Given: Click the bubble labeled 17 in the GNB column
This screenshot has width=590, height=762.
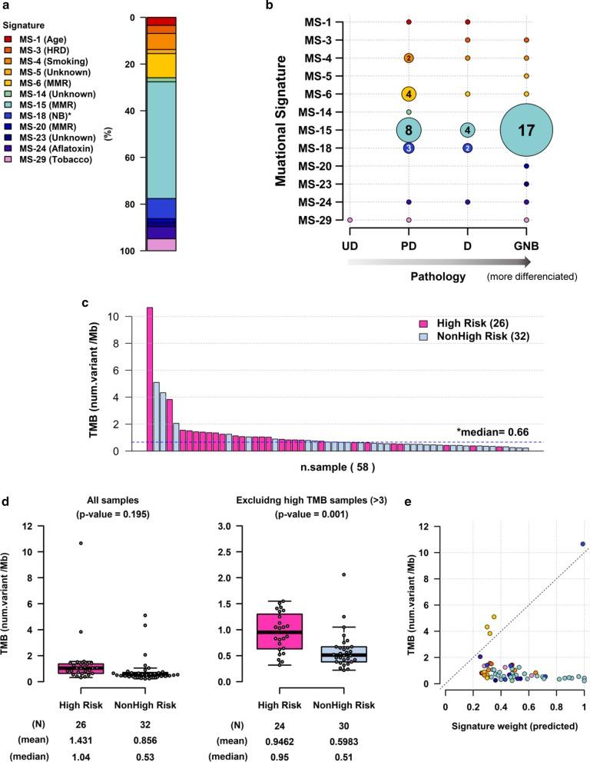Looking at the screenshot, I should pos(526,130).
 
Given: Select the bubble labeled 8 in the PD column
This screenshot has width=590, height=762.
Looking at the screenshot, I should pos(409,130).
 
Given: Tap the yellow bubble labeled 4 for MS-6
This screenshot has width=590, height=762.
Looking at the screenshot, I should pos(409,94).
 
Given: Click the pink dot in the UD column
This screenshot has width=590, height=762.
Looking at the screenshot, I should pos(350,220).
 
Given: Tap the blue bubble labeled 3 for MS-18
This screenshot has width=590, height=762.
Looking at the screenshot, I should pos(409,148).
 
